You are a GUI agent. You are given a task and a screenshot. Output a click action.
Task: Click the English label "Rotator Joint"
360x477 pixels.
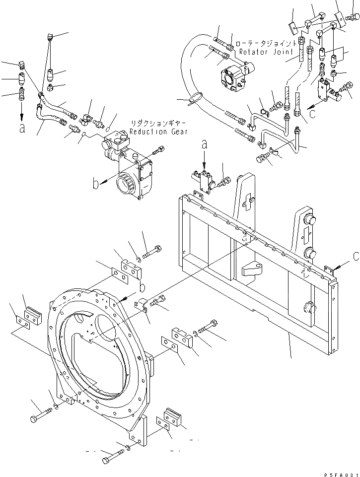pos(262,51)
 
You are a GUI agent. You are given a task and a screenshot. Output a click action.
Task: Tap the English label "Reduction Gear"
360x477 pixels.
pos(159,132)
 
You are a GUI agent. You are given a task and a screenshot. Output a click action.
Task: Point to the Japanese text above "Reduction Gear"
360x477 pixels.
pos(159,123)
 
